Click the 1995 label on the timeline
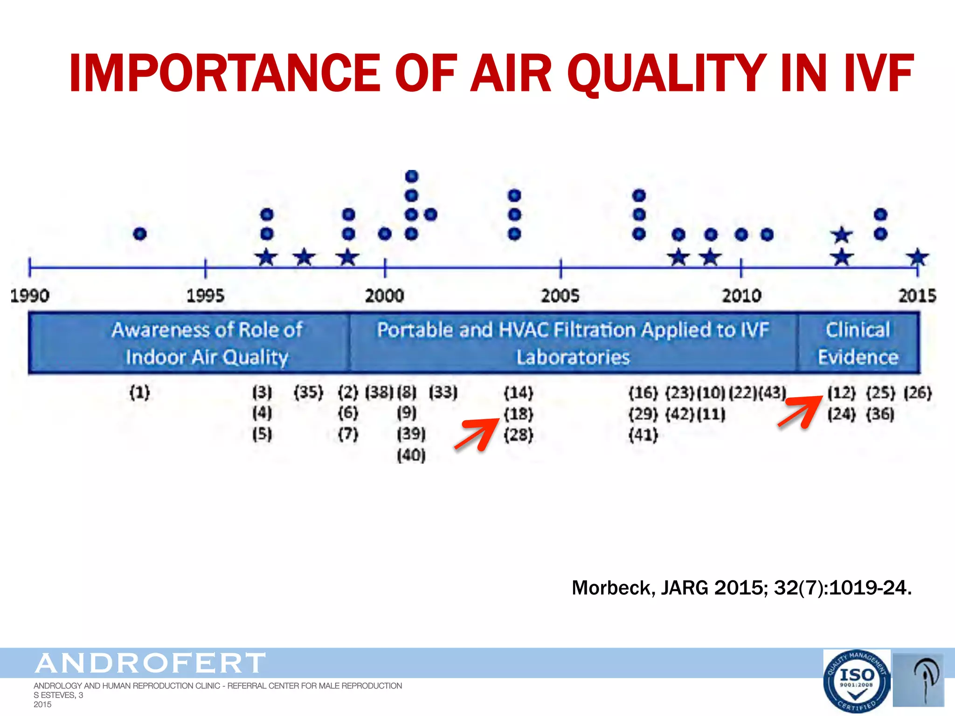205,296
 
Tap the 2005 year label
560,296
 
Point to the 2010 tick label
741,296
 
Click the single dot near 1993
140,234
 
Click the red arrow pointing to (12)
800,411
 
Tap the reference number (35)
308,392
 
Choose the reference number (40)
411,455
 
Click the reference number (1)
139,392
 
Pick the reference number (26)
917,392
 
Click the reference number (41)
643,435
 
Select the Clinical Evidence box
858,343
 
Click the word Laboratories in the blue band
573,358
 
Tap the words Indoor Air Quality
207,358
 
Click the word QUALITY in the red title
667,73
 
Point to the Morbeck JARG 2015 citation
741,588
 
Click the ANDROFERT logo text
150,663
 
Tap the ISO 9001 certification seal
857,681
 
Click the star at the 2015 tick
917,257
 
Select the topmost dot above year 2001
412,177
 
